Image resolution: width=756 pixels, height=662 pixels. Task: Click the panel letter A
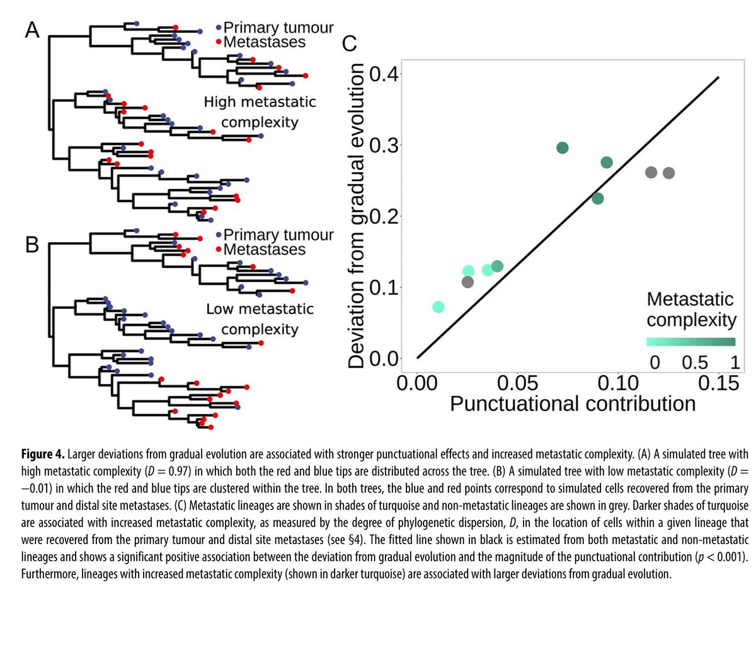coord(32,30)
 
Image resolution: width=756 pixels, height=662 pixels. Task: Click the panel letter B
coord(32,244)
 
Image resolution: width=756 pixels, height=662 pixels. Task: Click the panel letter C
coord(349,44)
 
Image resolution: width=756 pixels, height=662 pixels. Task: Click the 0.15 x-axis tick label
coord(718,382)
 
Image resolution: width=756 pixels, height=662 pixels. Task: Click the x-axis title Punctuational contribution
coord(572,404)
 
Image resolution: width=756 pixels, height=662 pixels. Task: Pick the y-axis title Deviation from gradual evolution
coord(357,216)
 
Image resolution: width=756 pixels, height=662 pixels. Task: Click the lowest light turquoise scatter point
coord(438,307)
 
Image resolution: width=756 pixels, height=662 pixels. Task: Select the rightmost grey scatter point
coord(668,173)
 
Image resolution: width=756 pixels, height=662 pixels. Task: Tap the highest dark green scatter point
coord(563,148)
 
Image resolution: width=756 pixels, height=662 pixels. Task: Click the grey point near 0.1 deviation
coord(467,282)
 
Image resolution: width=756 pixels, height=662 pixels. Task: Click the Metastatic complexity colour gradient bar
coord(691,342)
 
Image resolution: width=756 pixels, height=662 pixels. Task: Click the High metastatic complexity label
coord(260,112)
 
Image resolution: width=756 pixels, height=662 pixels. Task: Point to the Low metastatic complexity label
coord(260,318)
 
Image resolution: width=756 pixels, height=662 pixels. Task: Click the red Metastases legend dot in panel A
coord(218,42)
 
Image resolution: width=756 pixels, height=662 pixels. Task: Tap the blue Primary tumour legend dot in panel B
coord(218,235)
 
